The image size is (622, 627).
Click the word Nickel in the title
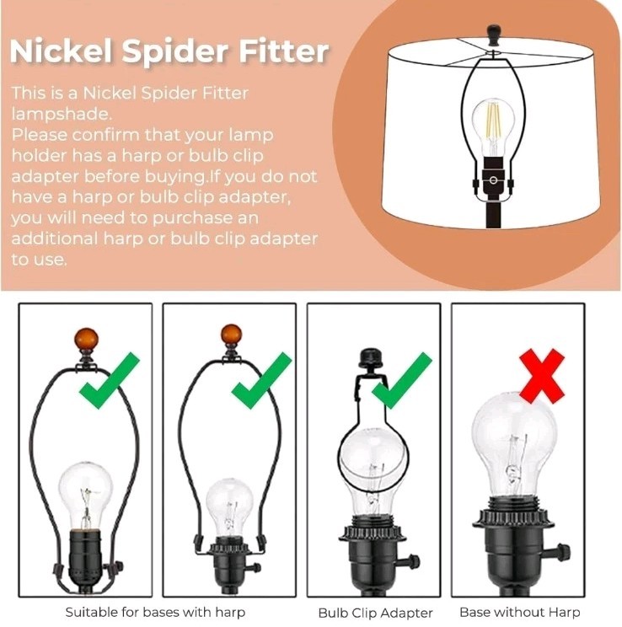61,51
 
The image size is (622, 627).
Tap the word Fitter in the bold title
284,51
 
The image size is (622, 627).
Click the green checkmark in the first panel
109,381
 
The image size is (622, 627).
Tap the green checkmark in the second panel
260,381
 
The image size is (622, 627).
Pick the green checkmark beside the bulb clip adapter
401,381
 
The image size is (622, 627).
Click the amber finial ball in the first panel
86,340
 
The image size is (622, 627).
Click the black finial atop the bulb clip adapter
372,358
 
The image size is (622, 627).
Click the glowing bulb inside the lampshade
493,127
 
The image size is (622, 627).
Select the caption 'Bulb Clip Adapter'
375,613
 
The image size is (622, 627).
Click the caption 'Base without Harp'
520,612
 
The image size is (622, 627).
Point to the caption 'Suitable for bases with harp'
155,612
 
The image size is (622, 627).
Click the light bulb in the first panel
86,495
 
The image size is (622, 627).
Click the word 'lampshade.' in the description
62,115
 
